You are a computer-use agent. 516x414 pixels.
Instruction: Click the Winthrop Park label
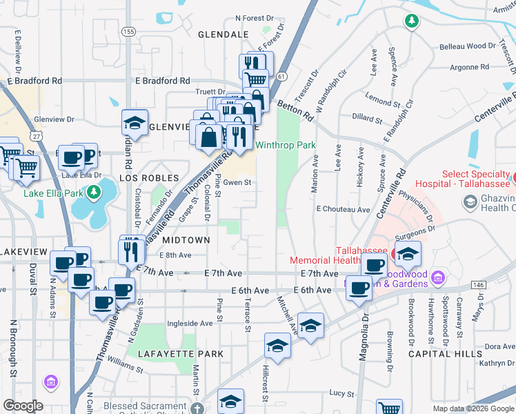click(286, 146)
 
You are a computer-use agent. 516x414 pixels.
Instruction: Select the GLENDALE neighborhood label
click(223, 34)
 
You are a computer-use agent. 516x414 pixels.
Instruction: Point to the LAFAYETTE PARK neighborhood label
click(180, 354)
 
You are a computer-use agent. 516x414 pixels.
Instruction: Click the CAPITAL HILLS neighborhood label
click(445, 354)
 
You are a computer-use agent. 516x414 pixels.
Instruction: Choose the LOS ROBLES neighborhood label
click(144, 178)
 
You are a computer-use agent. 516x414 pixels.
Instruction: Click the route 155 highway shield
click(128, 32)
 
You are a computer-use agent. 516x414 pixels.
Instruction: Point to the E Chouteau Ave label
click(343, 208)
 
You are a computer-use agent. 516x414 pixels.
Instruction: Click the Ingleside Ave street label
click(191, 323)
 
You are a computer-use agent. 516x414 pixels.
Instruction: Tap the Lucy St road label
click(341, 393)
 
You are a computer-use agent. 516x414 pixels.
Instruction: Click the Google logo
click(23, 406)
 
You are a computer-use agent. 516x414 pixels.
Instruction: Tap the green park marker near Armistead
click(411, 21)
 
